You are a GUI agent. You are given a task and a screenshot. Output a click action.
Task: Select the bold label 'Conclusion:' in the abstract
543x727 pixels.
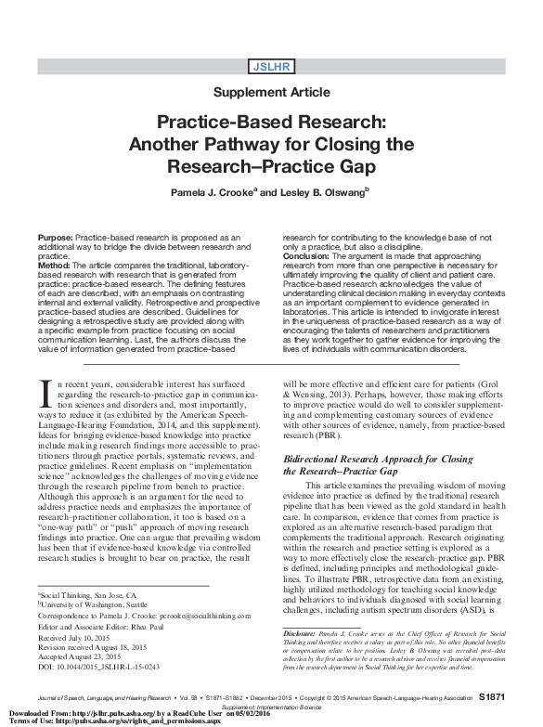tap(306, 254)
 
